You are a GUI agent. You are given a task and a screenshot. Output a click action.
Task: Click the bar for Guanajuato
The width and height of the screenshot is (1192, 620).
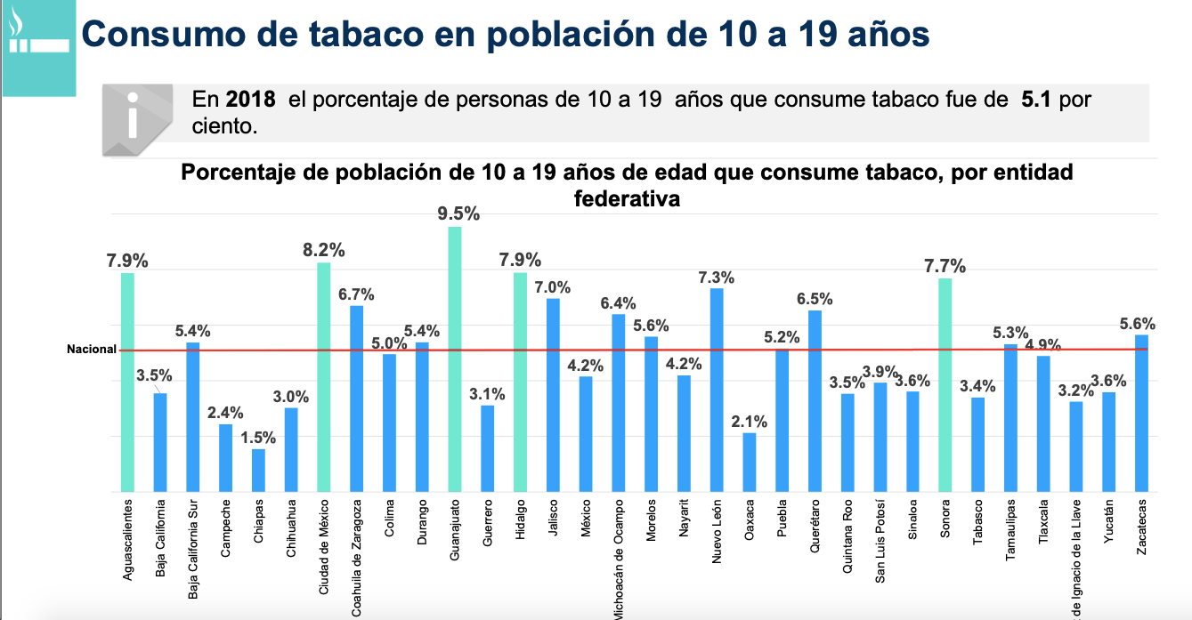[x=454, y=359]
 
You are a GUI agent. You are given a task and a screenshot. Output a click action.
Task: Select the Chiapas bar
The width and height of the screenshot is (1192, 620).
[x=258, y=470]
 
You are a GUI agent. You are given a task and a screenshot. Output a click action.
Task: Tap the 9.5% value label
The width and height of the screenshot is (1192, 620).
[x=458, y=213]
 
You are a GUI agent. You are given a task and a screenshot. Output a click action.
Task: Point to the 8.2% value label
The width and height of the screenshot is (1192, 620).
[x=323, y=250]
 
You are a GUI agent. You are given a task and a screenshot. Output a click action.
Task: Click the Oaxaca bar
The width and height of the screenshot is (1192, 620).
[x=750, y=462]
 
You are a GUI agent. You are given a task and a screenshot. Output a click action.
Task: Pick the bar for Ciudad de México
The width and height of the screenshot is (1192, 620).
[x=324, y=377]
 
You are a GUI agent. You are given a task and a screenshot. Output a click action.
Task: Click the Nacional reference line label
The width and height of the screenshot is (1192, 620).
[x=92, y=350]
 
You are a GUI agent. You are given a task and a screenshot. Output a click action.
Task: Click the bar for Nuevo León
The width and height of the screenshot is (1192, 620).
[x=717, y=390]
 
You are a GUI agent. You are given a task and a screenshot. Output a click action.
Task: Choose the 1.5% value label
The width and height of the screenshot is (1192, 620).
[x=257, y=438]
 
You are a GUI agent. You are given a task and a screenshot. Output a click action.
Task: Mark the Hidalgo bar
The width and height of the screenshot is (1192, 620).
[x=520, y=382]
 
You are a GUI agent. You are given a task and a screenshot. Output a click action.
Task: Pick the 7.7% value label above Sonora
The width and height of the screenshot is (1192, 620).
[x=945, y=266]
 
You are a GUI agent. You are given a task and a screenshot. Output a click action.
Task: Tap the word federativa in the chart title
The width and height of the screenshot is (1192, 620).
[x=627, y=198]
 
